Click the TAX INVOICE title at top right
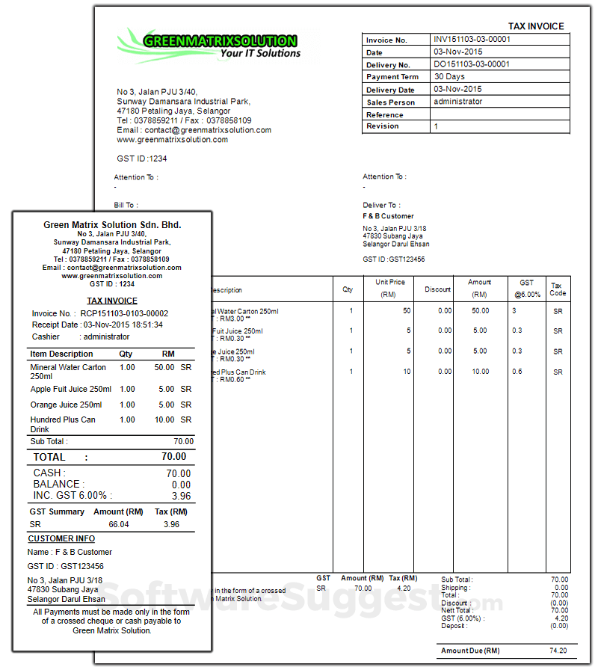tap(536, 26)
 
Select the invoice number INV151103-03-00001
tap(472, 39)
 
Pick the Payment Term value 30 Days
tap(449, 76)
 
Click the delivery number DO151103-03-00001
tap(472, 64)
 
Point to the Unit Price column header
tap(390, 288)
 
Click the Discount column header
tap(437, 289)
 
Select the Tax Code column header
tap(558, 289)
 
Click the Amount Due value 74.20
tap(558, 651)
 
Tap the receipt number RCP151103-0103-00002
tap(124, 313)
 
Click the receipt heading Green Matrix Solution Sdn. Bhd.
tap(112, 224)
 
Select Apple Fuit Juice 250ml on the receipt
tap(71, 389)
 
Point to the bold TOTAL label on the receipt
tap(49, 457)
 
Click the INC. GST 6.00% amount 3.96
tap(181, 496)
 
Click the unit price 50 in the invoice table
tap(407, 310)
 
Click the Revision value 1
tap(437, 126)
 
